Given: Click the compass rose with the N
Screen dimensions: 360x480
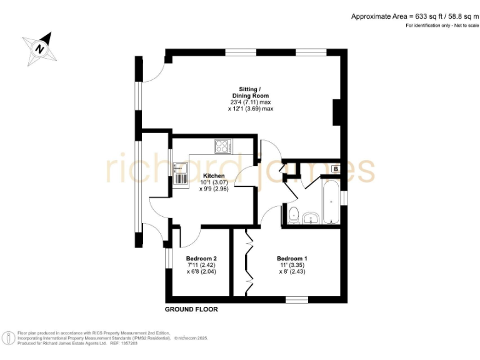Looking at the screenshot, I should [x=40, y=48].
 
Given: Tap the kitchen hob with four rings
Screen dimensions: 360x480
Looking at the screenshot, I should [x=223, y=146].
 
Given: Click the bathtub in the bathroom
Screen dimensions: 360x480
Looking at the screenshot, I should [x=330, y=199].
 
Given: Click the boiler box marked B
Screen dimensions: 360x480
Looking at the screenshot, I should [x=335, y=169].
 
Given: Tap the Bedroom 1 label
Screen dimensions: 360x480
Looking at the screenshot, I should [x=292, y=259].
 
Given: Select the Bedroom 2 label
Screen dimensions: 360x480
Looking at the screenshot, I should [x=201, y=259].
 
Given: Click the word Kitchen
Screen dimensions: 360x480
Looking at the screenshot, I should [x=214, y=176].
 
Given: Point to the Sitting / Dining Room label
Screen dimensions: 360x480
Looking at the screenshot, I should [x=251, y=92].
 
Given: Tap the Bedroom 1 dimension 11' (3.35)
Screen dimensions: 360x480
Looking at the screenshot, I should [x=292, y=265].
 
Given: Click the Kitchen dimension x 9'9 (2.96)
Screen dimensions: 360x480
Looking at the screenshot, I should [x=214, y=189].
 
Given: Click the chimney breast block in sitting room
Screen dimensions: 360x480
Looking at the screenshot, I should [x=337, y=112].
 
